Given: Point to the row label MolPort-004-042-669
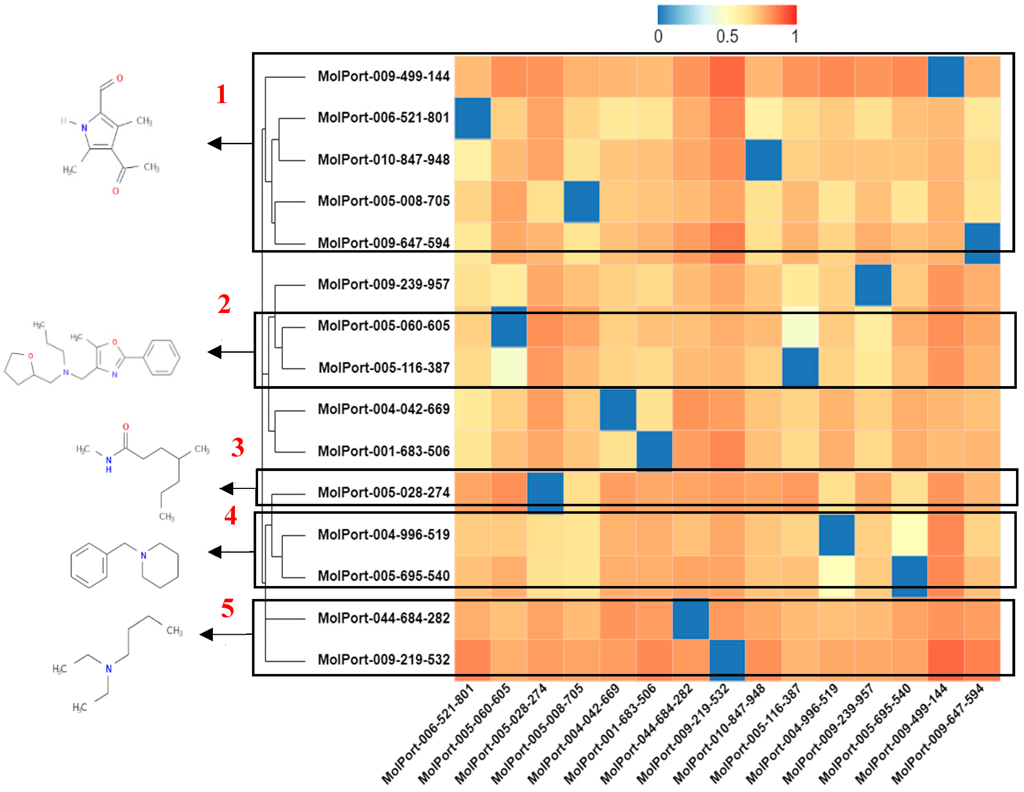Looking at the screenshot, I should pyautogui.click(x=384, y=409).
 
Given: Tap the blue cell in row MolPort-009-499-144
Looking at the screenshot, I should pyautogui.click(x=946, y=76).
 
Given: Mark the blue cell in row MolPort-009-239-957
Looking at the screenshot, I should pyautogui.click(x=873, y=285).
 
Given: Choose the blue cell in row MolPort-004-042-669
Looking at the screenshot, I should pyautogui.click(x=618, y=409).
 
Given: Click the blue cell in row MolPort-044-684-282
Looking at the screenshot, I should pyautogui.click(x=691, y=619).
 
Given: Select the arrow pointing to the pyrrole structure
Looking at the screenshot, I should pyautogui.click(x=230, y=143).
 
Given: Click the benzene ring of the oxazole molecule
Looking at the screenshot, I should pyautogui.click(x=161, y=357).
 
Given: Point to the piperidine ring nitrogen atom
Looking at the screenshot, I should pyautogui.click(x=143, y=556).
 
